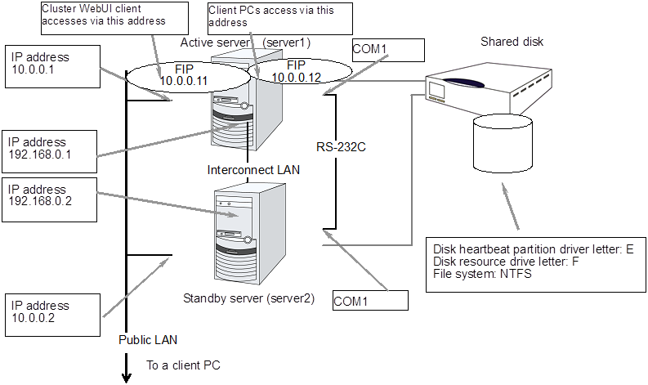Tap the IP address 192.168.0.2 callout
49,195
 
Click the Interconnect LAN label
252,170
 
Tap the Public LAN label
147,339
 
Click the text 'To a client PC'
183,365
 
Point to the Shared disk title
512,42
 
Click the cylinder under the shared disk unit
503,143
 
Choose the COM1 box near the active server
388,50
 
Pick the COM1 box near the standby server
369,300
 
